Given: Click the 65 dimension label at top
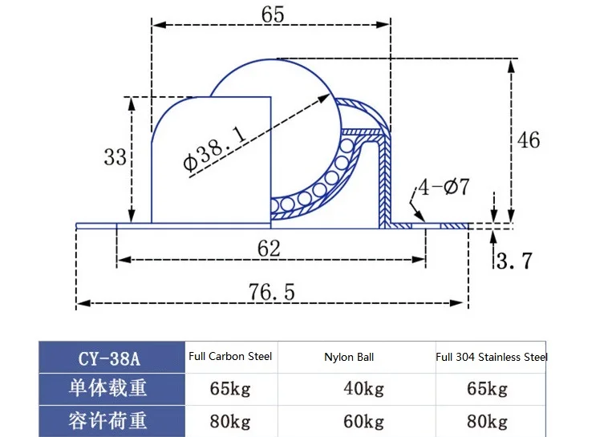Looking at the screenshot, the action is [x=273, y=14].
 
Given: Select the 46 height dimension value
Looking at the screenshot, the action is [x=529, y=140].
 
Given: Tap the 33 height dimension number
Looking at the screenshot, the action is [x=115, y=157].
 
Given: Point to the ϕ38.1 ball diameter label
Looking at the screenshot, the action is [x=214, y=148].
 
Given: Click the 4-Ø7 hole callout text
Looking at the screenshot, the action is [x=444, y=187].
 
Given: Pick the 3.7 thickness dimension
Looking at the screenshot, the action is [x=514, y=261].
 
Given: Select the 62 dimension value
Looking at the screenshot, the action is [x=269, y=249].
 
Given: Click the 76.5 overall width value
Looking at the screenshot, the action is [x=272, y=292].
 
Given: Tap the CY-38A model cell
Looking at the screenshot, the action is [x=109, y=358].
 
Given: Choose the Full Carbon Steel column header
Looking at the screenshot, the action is [x=230, y=356].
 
